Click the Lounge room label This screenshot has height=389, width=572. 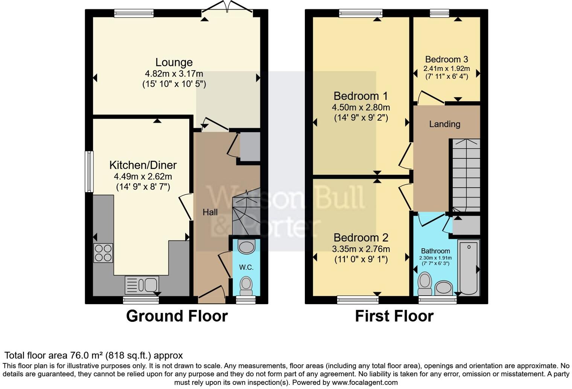tap(174, 62)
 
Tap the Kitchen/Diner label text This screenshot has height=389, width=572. tap(143, 165)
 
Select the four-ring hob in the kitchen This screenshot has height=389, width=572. tap(103, 253)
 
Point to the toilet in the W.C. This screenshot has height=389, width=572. tap(246, 286)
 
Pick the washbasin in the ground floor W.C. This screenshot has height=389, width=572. tap(246, 247)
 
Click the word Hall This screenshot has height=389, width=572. tap(210, 212)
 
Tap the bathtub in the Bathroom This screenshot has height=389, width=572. tap(469, 268)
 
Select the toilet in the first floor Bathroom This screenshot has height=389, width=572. tap(425, 284)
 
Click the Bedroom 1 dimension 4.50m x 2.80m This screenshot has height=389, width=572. tap(361, 107)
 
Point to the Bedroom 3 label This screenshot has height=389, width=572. tap(446, 60)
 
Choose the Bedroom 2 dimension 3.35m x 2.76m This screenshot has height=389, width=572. tap(361, 249)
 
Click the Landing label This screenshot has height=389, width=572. tap(444, 124)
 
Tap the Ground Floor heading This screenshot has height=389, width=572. tap(177, 316)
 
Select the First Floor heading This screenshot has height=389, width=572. tap(394, 316)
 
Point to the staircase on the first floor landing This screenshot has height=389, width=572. tap(466, 175)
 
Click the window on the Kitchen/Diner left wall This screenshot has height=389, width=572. tap(89, 172)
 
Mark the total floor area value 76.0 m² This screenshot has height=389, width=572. tap(87, 355)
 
